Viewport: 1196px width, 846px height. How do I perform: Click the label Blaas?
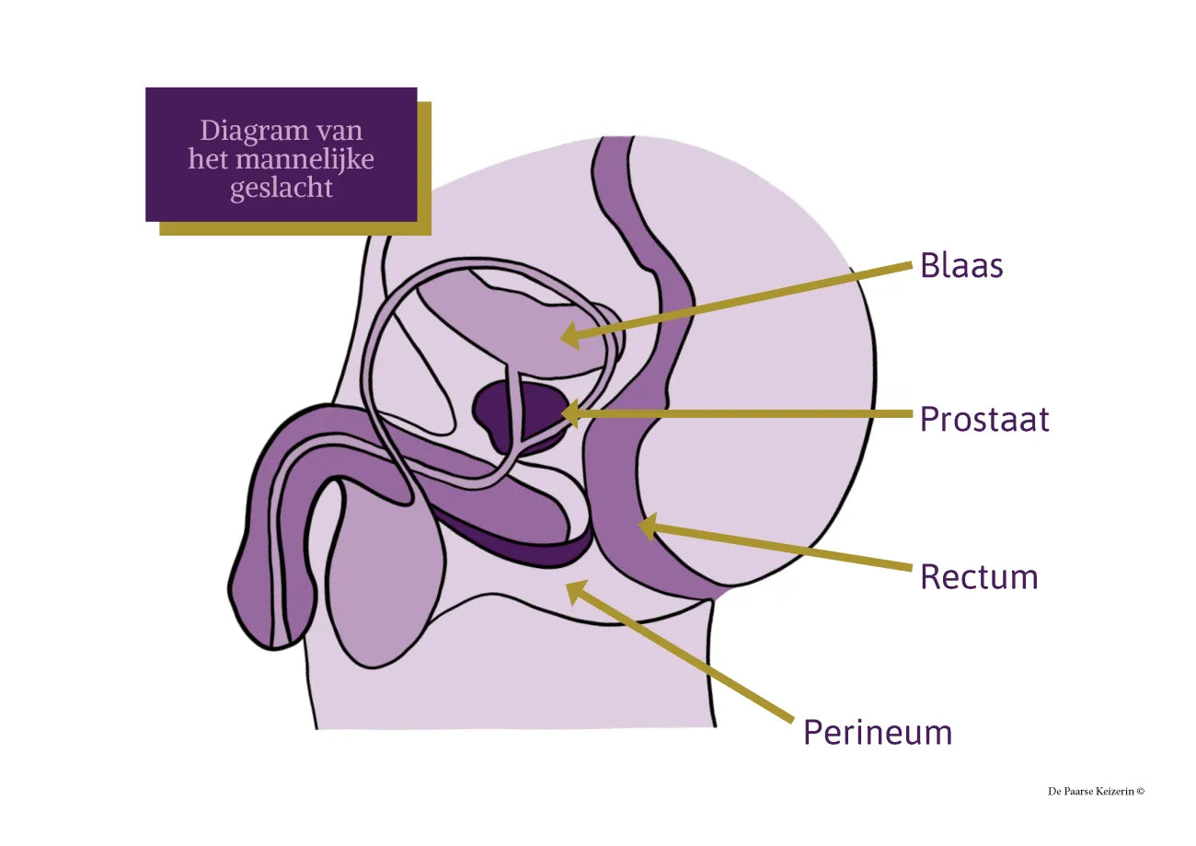point(961,265)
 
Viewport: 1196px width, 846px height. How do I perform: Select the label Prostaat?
point(984,420)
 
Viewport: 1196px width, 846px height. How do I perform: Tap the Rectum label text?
point(979,577)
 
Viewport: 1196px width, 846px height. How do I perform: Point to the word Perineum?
point(877,733)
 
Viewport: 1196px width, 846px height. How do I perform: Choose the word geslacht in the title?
point(281,187)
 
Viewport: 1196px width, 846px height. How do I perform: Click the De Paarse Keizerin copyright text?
point(1096,791)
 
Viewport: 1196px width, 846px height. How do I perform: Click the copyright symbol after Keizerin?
point(1141,791)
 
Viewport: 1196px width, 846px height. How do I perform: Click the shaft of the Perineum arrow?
point(690,659)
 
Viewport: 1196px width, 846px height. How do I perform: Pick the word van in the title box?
point(339,131)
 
